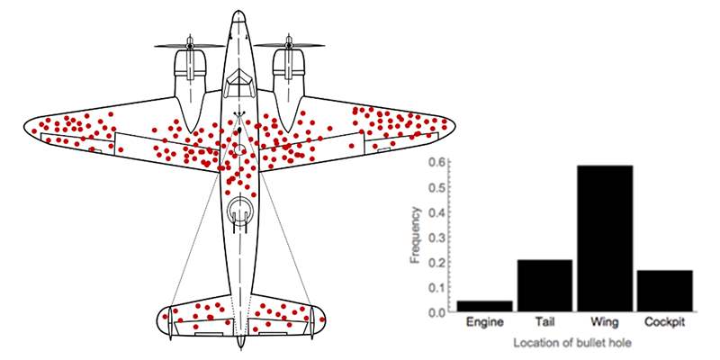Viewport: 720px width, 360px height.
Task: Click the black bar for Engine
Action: tap(484, 306)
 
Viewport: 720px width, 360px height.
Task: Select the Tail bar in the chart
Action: tap(544, 285)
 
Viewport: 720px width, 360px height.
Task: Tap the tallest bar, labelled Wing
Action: tap(605, 238)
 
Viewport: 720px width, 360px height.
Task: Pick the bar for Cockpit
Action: tap(665, 291)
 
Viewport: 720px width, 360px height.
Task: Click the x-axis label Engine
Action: tap(484, 323)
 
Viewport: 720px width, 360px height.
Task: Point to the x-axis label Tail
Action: tap(544, 322)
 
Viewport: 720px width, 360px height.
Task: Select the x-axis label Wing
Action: tap(605, 323)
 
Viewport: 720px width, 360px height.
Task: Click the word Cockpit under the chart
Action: tap(664, 322)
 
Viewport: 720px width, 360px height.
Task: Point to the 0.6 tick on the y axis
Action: tap(436, 163)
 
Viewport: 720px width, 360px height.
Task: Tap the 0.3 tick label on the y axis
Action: tap(436, 238)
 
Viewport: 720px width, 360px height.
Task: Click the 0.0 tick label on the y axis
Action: tap(436, 312)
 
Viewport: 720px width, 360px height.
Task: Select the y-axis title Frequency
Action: tap(416, 236)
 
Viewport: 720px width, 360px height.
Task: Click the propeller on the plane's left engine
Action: tap(190, 46)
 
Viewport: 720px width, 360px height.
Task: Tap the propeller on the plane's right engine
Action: tap(289, 46)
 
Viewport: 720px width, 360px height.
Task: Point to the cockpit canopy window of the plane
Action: tap(239, 83)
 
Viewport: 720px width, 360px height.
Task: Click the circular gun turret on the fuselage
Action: tap(239, 211)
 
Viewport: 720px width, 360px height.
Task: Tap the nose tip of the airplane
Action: tap(239, 12)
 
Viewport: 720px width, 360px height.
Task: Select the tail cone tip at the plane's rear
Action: tap(240, 346)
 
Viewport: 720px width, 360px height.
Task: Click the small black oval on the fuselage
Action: tap(239, 132)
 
